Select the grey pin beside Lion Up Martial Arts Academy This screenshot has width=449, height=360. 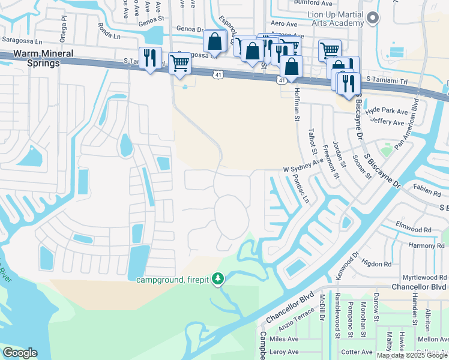373,18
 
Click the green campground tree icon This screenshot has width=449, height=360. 219,279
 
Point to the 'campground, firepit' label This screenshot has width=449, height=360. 174,280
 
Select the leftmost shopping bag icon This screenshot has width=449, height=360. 214,41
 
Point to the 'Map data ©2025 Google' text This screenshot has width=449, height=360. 411,355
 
